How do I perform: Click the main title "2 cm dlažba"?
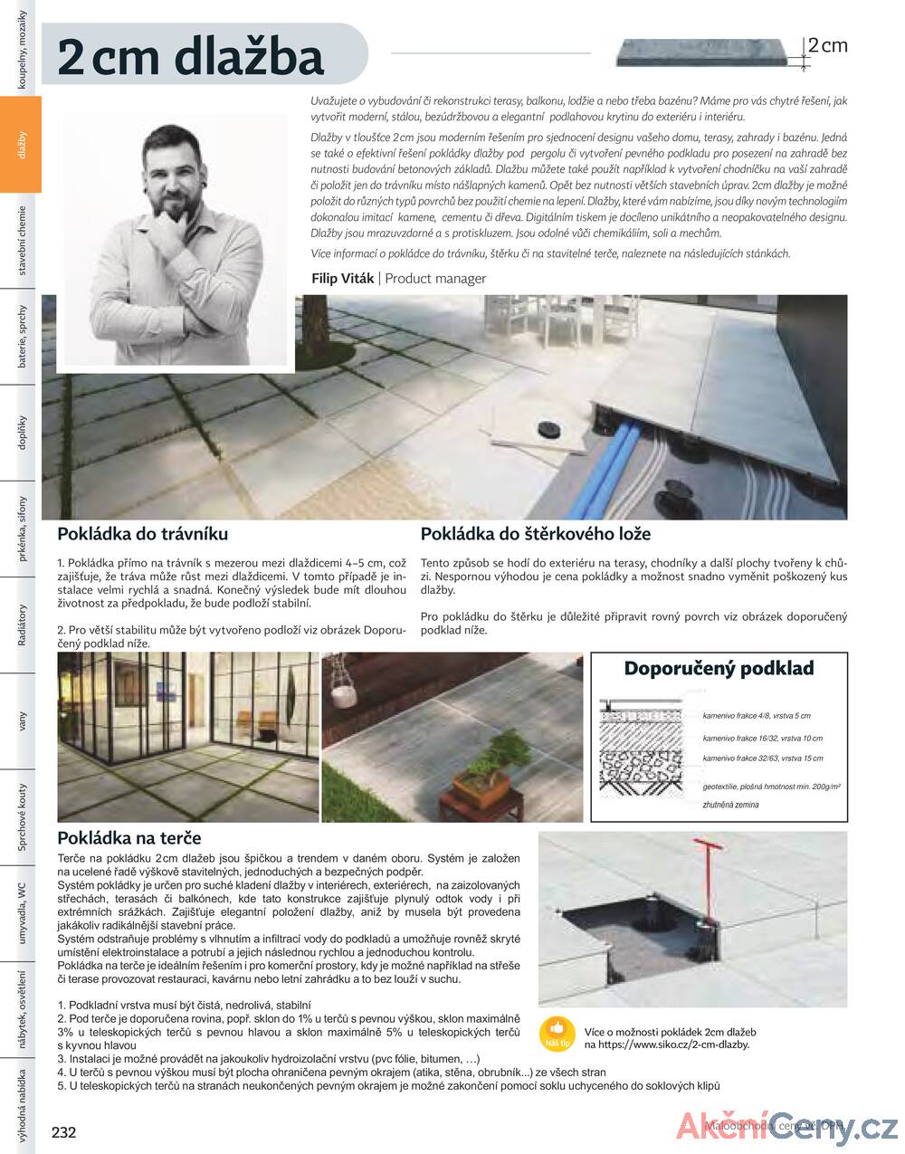click(190, 57)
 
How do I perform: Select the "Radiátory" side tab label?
click(21, 625)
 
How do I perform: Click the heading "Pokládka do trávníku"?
click(142, 534)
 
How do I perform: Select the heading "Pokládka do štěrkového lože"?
click(535, 535)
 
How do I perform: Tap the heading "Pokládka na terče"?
click(129, 838)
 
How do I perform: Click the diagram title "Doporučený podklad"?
click(719, 669)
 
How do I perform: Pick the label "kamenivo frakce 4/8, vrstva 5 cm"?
click(756, 716)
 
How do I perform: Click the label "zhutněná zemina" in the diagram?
click(730, 805)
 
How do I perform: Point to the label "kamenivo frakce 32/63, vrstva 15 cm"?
click(762, 758)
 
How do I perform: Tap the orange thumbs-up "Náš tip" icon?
click(557, 1034)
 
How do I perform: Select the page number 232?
click(64, 1132)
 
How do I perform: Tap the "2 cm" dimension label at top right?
click(827, 45)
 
